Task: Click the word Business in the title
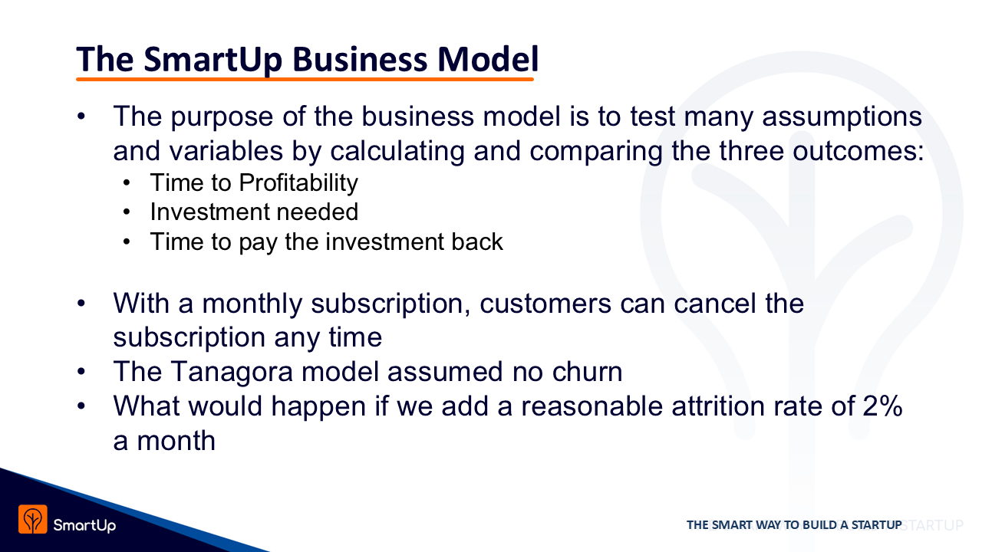(360, 59)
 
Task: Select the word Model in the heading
(488, 59)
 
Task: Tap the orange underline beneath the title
(305, 79)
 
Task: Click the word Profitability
(298, 183)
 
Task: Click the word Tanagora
(232, 372)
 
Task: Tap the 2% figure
(883, 406)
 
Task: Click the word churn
(588, 372)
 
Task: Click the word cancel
(715, 303)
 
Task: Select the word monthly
(252, 304)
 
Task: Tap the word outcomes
(858, 152)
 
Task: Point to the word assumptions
(842, 118)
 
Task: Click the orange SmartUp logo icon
(33, 519)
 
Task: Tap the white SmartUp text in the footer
(84, 525)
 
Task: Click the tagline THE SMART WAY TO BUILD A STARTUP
(794, 525)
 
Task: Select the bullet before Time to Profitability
(127, 182)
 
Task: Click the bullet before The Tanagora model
(81, 372)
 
